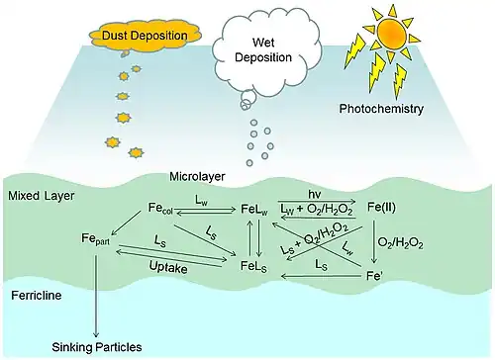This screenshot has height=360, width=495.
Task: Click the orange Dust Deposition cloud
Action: coord(146,36)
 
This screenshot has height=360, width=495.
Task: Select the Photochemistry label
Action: coord(381,109)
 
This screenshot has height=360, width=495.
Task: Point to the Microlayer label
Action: coord(197,176)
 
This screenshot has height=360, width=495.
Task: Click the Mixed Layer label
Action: coord(42,196)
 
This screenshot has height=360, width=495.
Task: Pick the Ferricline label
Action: coord(37,295)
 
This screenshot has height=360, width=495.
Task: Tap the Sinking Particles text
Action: coord(97,347)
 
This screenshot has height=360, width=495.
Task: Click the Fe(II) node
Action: coord(381,208)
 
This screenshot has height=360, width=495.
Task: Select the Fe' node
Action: coord(374,276)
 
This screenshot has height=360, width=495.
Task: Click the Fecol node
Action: coord(160,209)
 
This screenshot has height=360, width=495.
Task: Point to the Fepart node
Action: coord(95,239)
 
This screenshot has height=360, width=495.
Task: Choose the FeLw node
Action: coord(254,210)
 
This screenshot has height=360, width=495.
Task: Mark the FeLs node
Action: coord(253,266)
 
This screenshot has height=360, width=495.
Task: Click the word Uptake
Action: coord(168,267)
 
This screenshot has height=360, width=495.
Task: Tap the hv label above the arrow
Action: coord(315,194)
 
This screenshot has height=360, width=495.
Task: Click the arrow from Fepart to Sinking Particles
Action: coord(96,296)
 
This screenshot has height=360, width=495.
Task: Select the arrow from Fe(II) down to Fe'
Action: coord(374,241)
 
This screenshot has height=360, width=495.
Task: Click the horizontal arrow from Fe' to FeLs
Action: coord(320,276)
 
